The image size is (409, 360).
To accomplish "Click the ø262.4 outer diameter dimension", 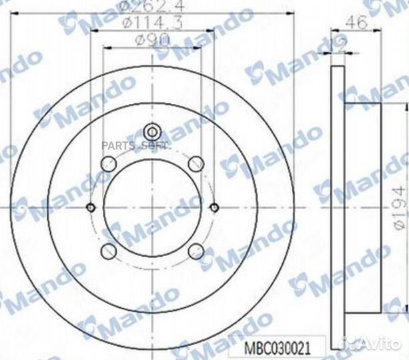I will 152,8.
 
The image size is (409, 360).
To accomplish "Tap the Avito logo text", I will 382,344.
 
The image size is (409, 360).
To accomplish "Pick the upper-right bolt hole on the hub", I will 195,163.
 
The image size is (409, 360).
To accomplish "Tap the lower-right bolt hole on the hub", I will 195,251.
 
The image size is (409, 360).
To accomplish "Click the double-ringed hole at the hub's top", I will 151,131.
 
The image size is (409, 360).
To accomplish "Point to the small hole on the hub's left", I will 90,207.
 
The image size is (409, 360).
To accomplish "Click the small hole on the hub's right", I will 214,207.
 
